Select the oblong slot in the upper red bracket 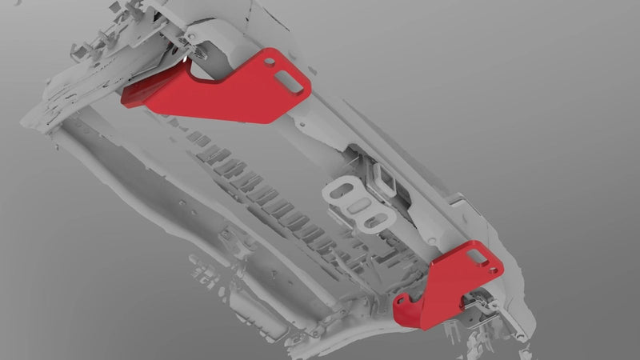(285, 78)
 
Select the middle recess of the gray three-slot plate (358, 206)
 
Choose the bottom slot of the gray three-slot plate (370, 219)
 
